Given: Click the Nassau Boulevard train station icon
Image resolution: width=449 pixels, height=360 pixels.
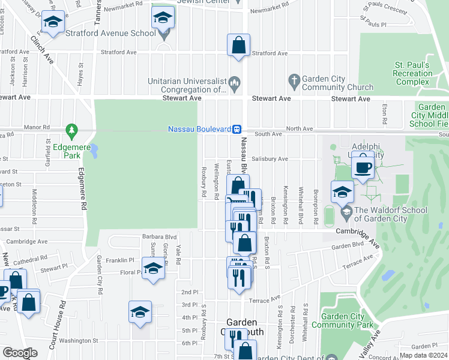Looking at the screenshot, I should pyautogui.click(x=237, y=129).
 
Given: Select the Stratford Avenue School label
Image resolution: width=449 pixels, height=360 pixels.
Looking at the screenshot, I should pyautogui.click(x=112, y=33).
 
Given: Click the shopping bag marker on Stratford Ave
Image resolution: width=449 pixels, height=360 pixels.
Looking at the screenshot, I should pyautogui.click(x=238, y=45).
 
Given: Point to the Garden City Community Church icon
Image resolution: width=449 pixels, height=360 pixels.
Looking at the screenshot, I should pyautogui.click(x=294, y=79).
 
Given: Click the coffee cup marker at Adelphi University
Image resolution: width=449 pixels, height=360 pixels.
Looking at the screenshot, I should pyautogui.click(x=363, y=167).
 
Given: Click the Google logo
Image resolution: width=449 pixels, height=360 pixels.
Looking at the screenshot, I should pyautogui.click(x=19, y=353).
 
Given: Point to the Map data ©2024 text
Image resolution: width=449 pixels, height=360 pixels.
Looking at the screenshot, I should pyautogui.click(x=423, y=355).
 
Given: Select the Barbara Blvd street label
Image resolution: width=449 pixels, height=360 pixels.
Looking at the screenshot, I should pyautogui.click(x=159, y=237).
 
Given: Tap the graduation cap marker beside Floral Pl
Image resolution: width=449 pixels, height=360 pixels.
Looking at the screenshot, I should pyautogui.click(x=153, y=268).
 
